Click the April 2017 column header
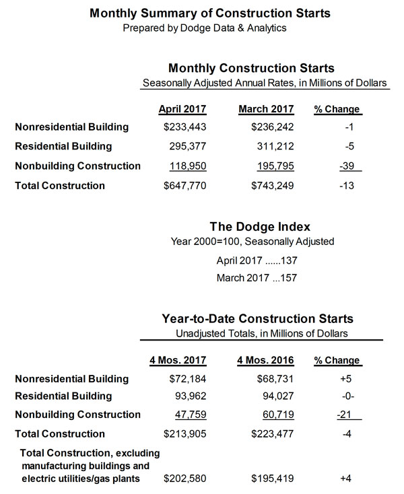click(182, 109)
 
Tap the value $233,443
click(183, 127)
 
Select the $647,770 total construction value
click(183, 186)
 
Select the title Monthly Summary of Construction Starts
click(202, 13)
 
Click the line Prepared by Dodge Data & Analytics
click(202, 28)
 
